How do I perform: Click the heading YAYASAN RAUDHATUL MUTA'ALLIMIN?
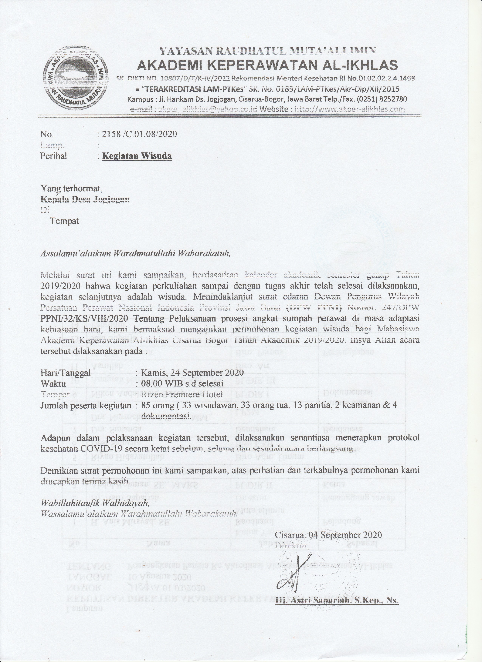point(267,51)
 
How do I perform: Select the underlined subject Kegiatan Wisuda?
point(137,156)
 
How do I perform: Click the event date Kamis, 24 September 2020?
point(192,373)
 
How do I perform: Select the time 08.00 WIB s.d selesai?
point(182,383)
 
